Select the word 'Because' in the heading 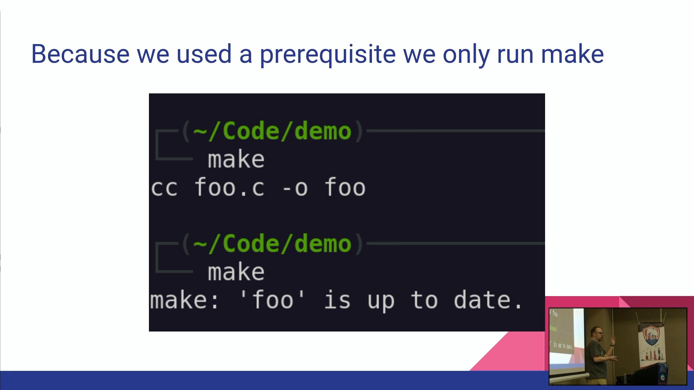coord(80,54)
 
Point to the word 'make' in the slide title coord(572,54)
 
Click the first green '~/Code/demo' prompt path coord(272,131)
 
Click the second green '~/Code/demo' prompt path coord(272,243)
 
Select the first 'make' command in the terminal coord(236,159)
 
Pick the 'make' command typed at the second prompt coord(236,272)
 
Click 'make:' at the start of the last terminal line coord(184,300)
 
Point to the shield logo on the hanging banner coord(651,336)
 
